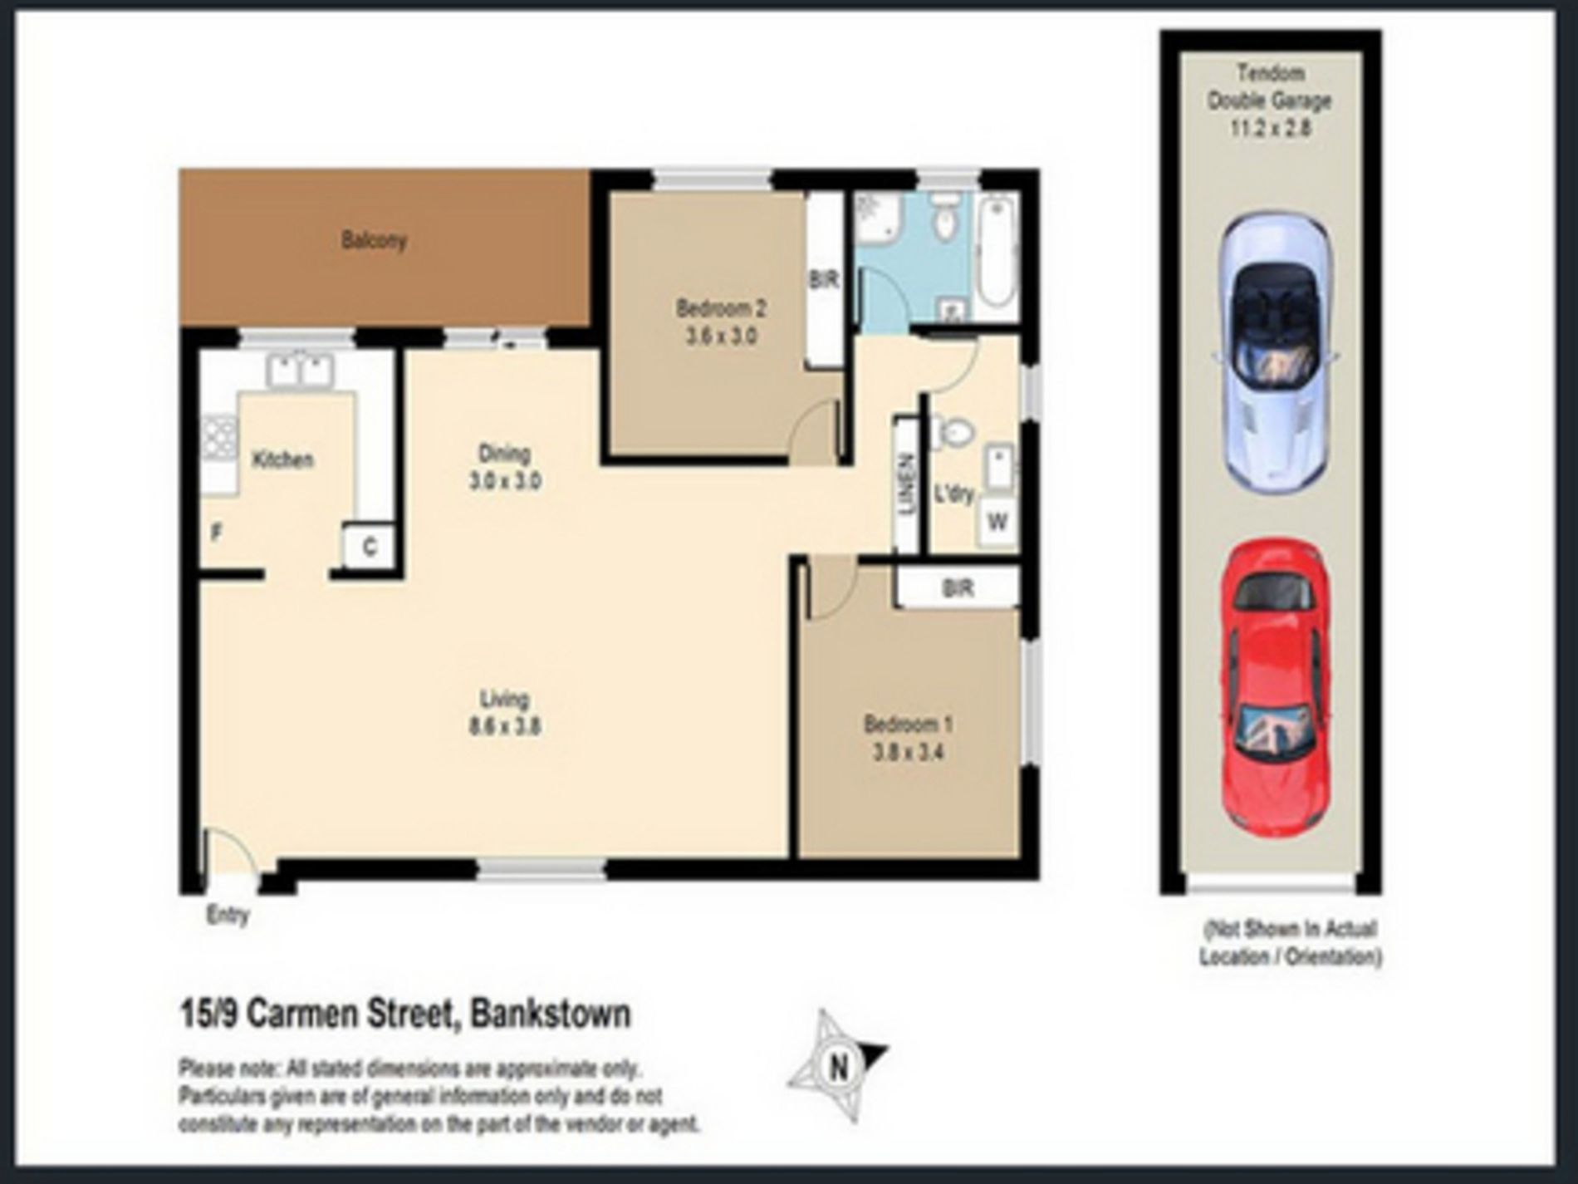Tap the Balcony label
(x=374, y=241)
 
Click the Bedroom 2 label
(x=720, y=309)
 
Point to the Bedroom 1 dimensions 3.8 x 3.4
(x=907, y=753)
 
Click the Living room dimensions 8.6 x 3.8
(x=505, y=726)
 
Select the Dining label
(x=504, y=454)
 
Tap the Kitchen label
(x=282, y=459)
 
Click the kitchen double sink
(x=300, y=370)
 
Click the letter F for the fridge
(x=216, y=533)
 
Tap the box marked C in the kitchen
(x=370, y=547)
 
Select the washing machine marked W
(x=997, y=522)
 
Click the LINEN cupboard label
(x=908, y=484)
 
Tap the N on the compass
(x=838, y=1065)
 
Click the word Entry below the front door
(x=228, y=916)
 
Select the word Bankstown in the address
(x=551, y=1014)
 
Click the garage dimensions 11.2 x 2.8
(x=1270, y=128)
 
